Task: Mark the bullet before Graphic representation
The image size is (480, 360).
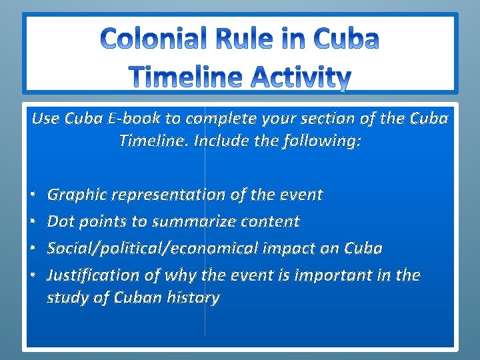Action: (x=33, y=195)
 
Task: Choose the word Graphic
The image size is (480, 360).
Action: (x=77, y=195)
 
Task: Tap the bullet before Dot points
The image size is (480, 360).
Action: (x=33, y=221)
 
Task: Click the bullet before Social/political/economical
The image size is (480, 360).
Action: (x=33, y=248)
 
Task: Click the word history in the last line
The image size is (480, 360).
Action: (x=194, y=297)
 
